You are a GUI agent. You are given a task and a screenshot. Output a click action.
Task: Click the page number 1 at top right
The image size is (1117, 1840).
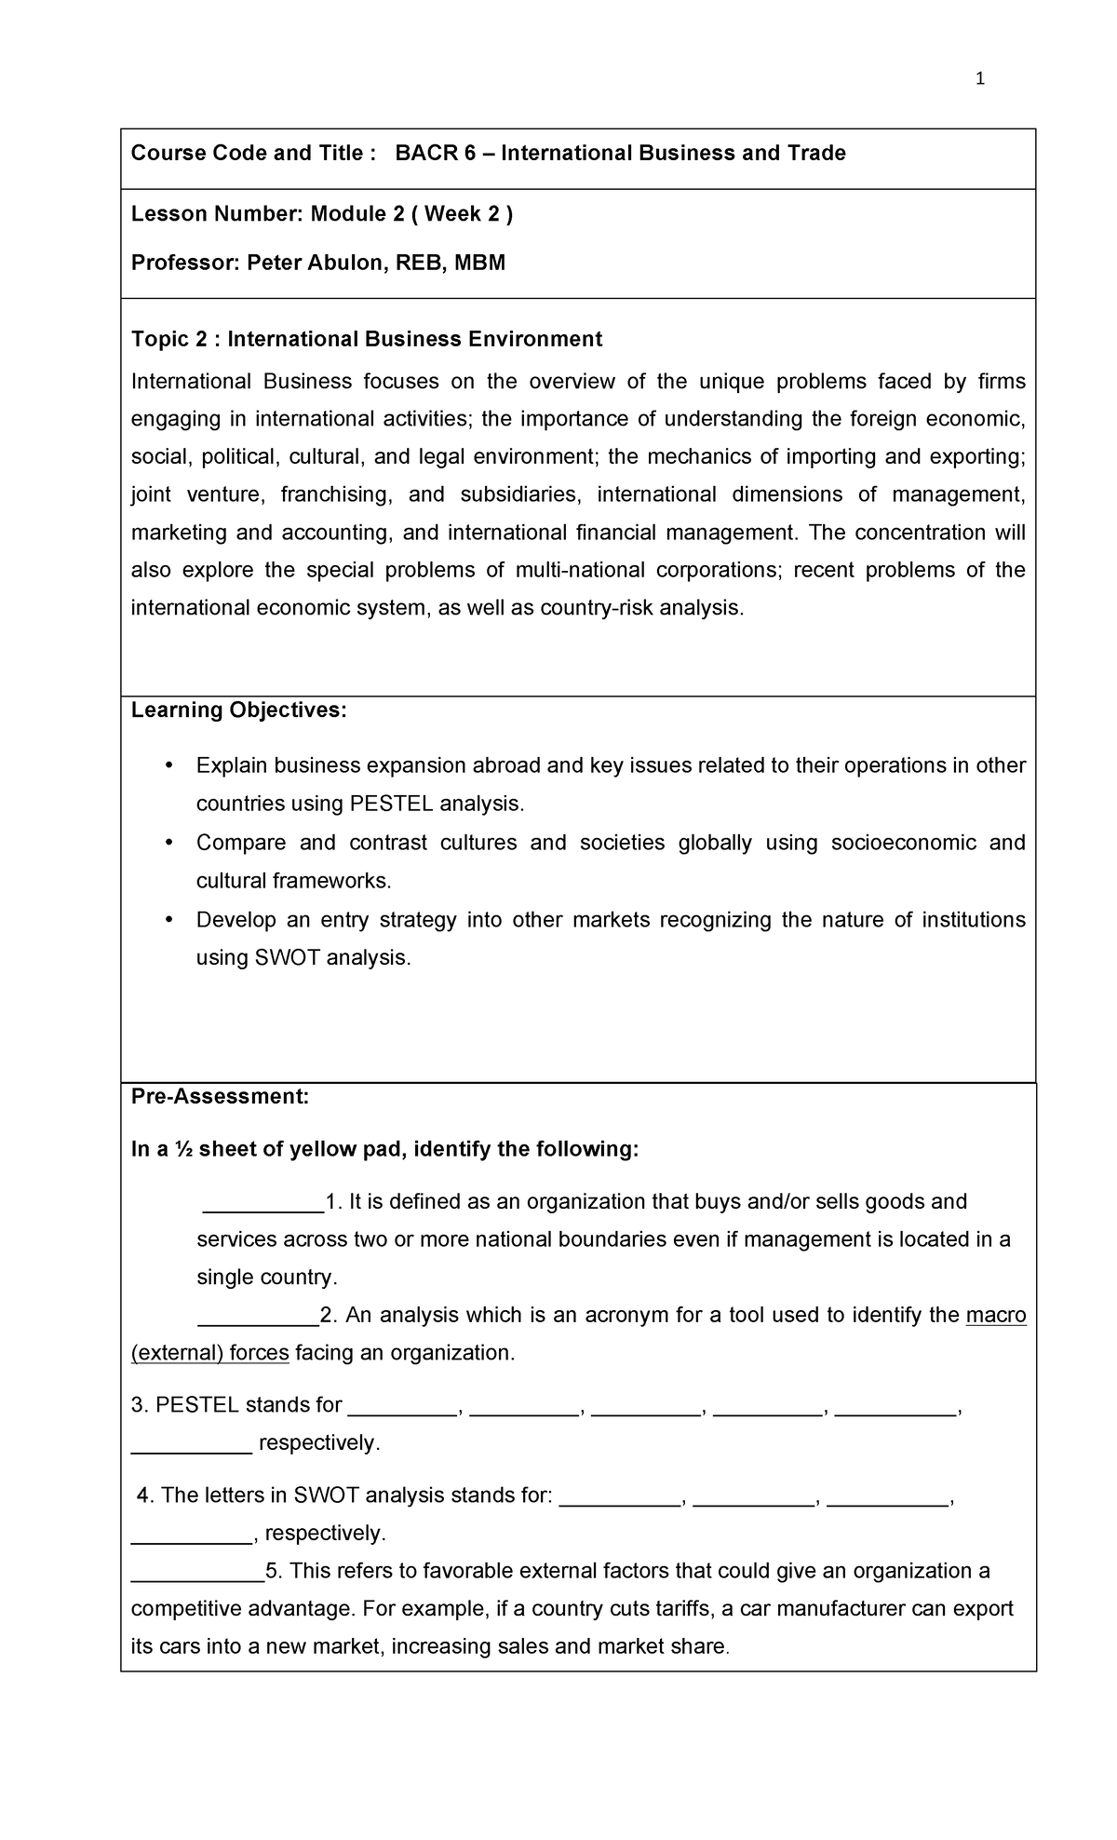point(979,79)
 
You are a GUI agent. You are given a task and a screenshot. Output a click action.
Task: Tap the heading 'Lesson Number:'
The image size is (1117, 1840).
point(217,214)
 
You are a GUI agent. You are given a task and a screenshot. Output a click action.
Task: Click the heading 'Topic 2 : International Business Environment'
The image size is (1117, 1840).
point(367,339)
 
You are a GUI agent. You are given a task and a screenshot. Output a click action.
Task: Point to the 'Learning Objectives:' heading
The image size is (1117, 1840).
point(238,710)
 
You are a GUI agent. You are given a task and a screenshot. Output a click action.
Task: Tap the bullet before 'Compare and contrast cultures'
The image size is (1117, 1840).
point(168,843)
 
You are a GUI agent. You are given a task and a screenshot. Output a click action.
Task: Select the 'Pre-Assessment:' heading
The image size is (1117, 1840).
point(220,1097)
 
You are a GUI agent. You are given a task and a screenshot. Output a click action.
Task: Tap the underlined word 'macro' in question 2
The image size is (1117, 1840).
point(996,1316)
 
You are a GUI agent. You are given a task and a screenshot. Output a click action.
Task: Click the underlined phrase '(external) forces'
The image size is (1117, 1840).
point(210,1353)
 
